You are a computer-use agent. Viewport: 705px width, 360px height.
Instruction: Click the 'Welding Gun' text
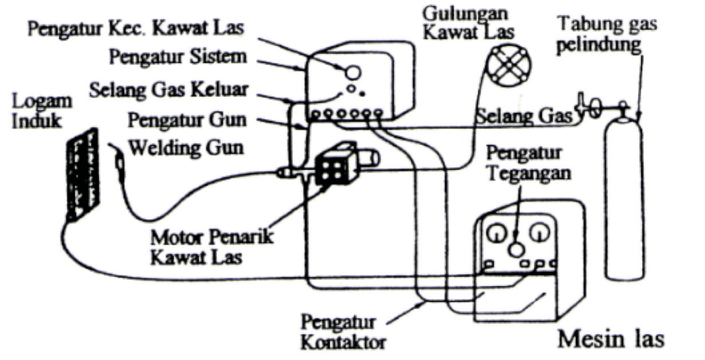tap(187, 147)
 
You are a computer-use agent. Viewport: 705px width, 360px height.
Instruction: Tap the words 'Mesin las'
tap(610, 339)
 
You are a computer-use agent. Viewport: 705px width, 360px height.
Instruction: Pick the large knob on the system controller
tap(352, 72)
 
